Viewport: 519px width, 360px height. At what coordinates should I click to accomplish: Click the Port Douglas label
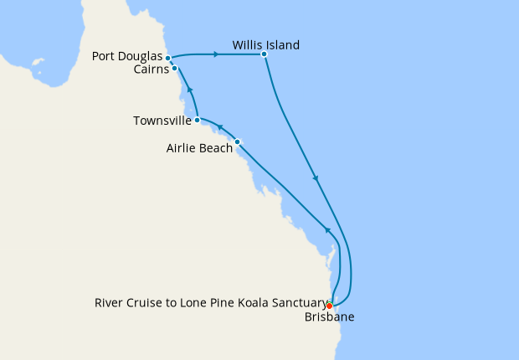coord(128,58)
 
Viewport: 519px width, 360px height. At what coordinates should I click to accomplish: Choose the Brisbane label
coord(328,317)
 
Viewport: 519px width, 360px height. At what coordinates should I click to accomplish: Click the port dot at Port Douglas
coord(169,58)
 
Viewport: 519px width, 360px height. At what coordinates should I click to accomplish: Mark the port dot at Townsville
coord(197,121)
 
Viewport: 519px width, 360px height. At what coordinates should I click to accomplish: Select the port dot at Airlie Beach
coord(238,141)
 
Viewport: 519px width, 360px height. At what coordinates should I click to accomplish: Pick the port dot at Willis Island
coord(264,54)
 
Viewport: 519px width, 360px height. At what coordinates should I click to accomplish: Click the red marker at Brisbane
coord(330,306)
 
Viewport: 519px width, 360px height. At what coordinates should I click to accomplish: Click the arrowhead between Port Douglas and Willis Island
coord(216,54)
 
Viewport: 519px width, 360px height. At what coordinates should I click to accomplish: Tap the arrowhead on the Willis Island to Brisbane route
coord(315,177)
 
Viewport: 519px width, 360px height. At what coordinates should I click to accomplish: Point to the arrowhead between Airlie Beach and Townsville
coord(220,126)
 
